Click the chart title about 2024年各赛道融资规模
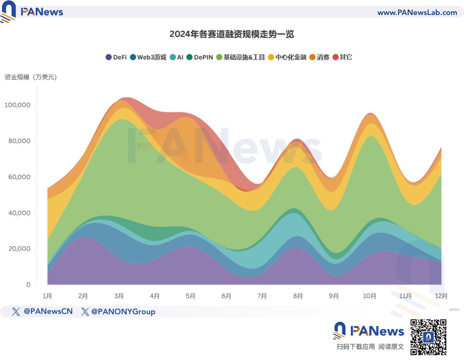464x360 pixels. tap(232, 34)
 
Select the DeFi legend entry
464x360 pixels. tap(116, 57)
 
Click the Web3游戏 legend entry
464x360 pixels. tap(148, 57)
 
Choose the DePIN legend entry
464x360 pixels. tap(200, 57)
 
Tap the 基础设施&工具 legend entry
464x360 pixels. tap(241, 57)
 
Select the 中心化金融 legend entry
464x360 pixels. tap(287, 57)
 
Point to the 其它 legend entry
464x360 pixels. tap(342, 57)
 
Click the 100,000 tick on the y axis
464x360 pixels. tap(17, 105)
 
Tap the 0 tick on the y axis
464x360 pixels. tap(28, 285)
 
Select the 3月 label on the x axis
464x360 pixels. tap(119, 296)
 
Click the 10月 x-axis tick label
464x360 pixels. tap(369, 296)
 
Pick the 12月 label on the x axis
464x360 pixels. tap(441, 296)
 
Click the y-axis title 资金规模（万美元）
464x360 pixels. tap(31, 77)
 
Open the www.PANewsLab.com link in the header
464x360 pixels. tap(417, 13)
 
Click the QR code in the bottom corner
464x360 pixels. tap(428, 337)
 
